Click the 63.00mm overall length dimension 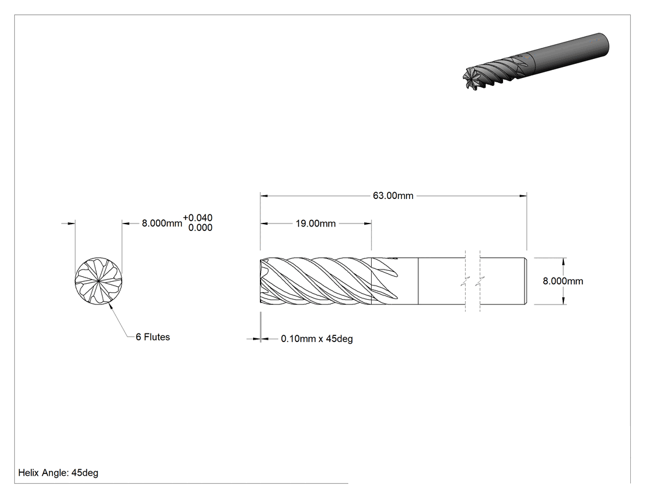393,196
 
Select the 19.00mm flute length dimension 316,224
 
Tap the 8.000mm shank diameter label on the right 563,281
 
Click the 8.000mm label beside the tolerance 162,224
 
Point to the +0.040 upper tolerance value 198,217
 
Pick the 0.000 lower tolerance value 200,228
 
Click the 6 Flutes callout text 152,337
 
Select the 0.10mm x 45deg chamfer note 317,339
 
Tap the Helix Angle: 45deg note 58,473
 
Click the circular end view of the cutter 99,281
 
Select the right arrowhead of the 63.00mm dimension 523,196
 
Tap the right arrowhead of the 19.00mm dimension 368,224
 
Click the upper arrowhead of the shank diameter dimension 563,262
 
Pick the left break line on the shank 465,281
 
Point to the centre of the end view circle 99,281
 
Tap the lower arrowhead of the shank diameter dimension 563,301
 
